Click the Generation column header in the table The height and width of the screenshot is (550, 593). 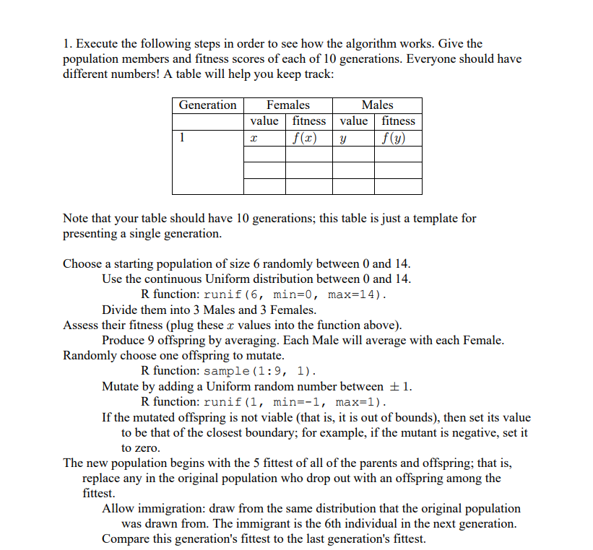207,105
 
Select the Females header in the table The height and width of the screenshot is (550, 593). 288,105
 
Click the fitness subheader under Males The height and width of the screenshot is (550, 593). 398,121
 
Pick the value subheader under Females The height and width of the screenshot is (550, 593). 264,121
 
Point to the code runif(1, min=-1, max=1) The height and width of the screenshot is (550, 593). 295,402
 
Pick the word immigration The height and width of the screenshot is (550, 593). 164,508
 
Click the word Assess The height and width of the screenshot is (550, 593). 82,325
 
